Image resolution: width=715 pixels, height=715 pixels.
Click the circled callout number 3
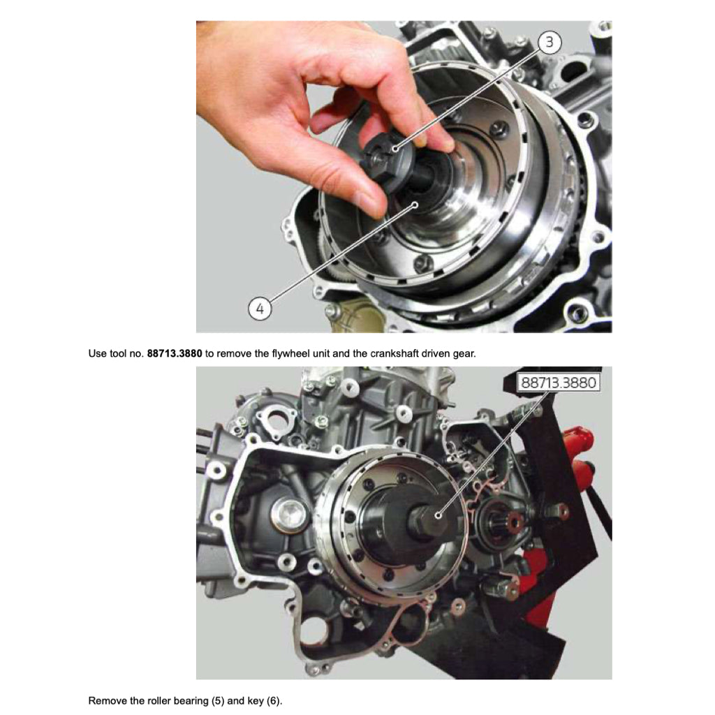tap(549, 43)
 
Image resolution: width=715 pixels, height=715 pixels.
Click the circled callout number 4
tap(260, 308)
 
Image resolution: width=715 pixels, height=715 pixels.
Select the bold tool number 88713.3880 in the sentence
tap(175, 353)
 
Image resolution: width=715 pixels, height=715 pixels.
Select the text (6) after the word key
tap(274, 700)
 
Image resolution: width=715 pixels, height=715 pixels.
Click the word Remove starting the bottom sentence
tap(107, 700)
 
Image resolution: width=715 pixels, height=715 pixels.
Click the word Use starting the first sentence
tap(97, 353)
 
